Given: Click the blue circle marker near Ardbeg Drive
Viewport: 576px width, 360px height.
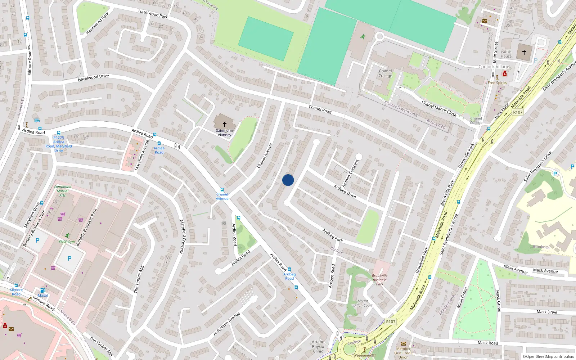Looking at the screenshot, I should point(288,180).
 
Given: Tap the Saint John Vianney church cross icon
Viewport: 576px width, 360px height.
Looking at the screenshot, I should point(224,124).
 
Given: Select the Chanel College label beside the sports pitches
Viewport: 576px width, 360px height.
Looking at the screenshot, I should point(385,73).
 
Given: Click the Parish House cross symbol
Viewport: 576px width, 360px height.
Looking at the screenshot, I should point(524,52).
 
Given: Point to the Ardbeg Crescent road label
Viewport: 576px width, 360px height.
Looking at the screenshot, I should point(350,173).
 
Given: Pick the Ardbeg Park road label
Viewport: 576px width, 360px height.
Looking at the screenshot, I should point(332,236).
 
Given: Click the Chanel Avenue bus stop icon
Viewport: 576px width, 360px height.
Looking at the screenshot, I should point(222,190).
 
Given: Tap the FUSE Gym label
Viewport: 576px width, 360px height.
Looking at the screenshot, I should point(67,242).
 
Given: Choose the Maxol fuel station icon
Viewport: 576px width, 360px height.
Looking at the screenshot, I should point(43,290).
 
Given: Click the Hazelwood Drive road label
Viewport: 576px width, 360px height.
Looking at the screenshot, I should point(93,77).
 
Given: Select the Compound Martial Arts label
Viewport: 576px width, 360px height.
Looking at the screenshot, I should point(63,191).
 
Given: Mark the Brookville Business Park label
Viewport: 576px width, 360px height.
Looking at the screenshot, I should point(380,280).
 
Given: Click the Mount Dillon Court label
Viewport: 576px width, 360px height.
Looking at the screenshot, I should point(363,303).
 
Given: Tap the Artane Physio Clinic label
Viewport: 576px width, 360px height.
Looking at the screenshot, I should point(318,347).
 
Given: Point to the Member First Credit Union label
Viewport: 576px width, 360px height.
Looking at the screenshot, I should point(403,353).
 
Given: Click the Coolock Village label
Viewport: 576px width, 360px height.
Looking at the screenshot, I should point(494,67).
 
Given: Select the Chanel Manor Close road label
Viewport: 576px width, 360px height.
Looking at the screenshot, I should point(439,108).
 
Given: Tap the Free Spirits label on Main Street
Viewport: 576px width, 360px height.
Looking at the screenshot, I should point(497,83).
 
